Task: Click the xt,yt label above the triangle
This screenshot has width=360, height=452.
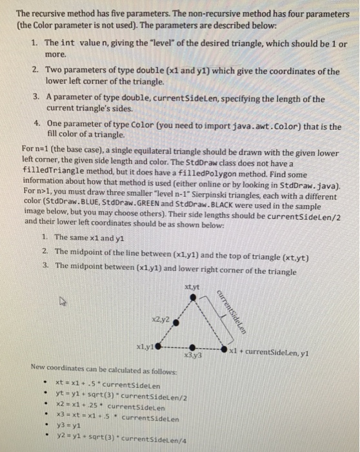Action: click(x=192, y=286)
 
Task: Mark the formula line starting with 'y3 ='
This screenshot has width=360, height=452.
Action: click(x=70, y=426)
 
